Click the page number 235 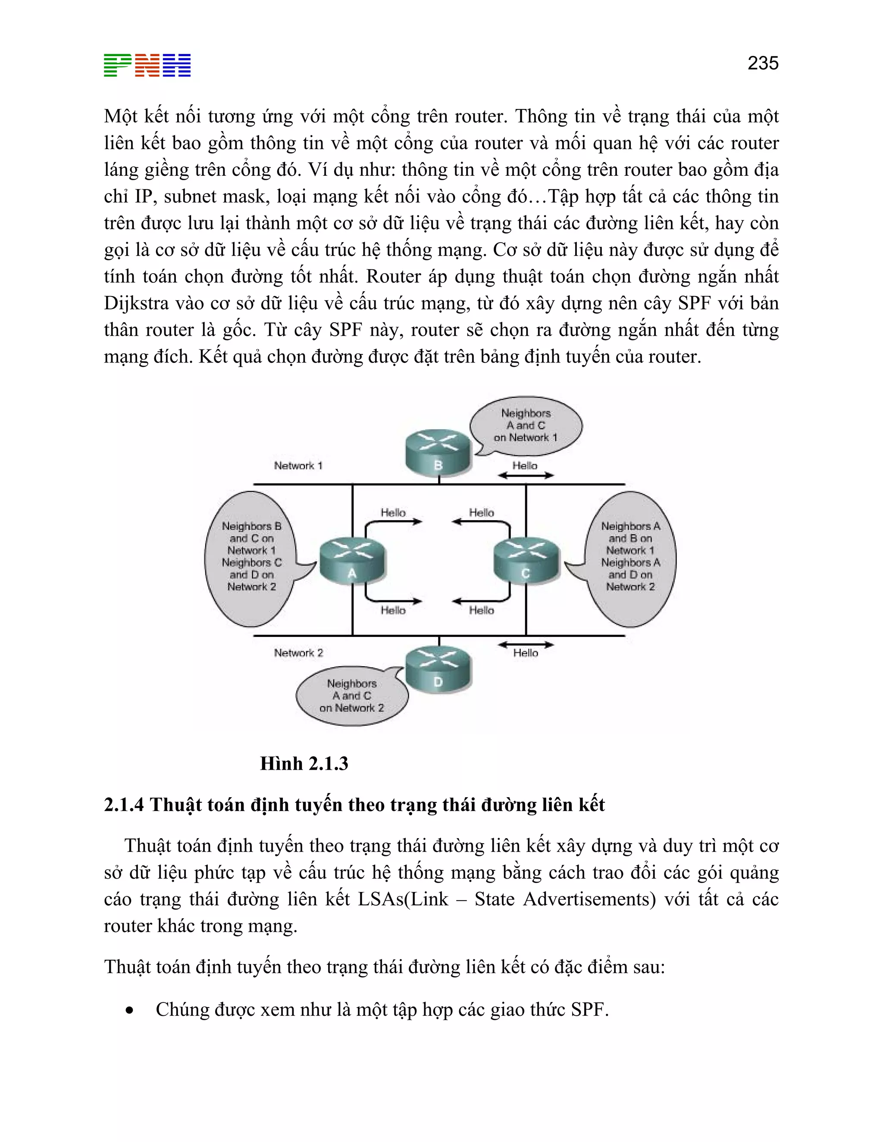tap(763, 63)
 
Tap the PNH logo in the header tap(147, 66)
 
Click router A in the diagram tap(352, 561)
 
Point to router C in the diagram tap(526, 561)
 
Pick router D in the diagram tap(438, 669)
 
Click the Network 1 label tap(298, 465)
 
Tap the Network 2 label tap(298, 652)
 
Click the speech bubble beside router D tap(351, 696)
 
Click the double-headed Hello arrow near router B tap(525, 475)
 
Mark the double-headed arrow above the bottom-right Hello tap(525, 645)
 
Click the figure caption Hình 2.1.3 tap(304, 764)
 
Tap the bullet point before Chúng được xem tap(129, 1011)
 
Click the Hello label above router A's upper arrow tap(393, 512)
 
